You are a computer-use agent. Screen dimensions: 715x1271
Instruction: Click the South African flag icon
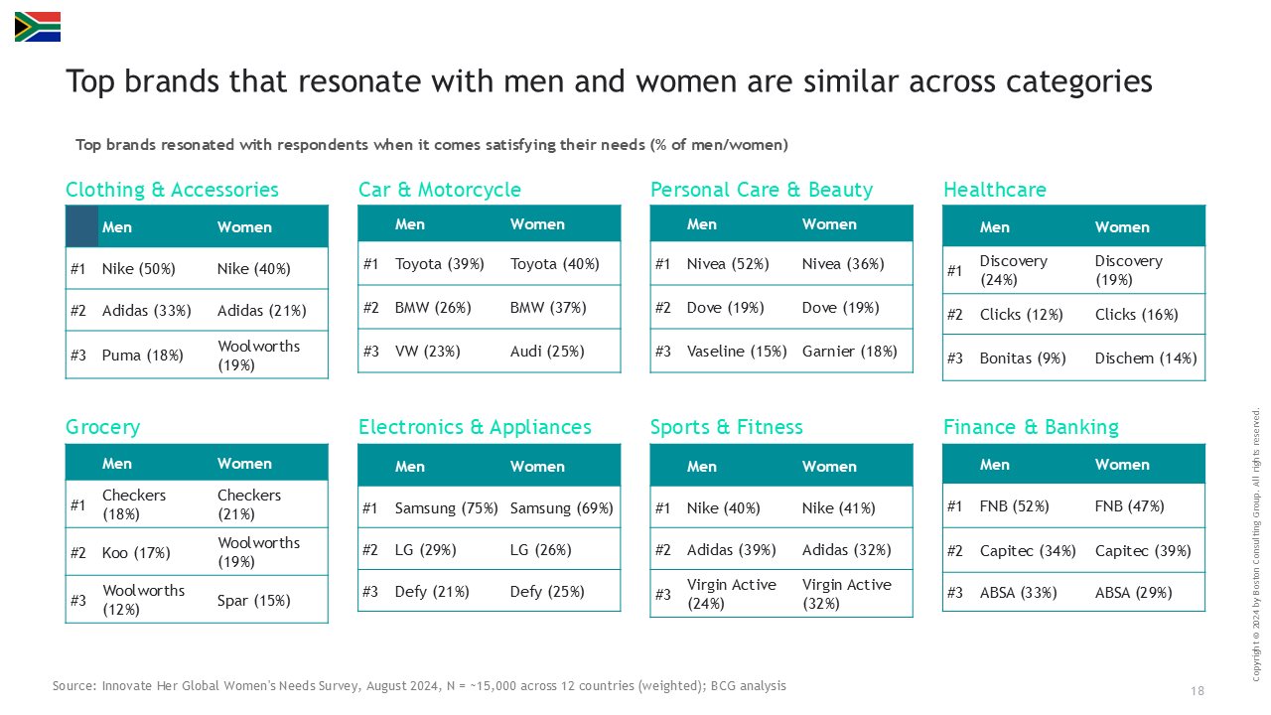[38, 27]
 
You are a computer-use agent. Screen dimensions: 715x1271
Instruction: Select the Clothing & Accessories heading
[172, 190]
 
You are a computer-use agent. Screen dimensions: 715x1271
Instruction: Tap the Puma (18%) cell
[142, 356]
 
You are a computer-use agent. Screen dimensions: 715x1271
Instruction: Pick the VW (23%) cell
[427, 352]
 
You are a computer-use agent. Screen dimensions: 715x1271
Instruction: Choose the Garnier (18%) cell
[849, 352]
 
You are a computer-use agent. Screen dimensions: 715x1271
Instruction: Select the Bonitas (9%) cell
[1023, 358]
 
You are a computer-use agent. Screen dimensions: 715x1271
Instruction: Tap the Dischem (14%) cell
[1145, 358]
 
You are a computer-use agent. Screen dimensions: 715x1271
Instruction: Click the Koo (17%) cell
[136, 553]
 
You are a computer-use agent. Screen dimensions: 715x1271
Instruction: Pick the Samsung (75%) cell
[446, 508]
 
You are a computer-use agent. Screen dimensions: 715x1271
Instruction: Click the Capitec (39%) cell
[1142, 551]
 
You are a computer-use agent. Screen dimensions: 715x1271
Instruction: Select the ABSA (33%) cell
[1018, 593]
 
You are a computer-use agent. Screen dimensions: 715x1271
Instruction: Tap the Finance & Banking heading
[1031, 428]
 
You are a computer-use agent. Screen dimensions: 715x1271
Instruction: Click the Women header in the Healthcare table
[1122, 227]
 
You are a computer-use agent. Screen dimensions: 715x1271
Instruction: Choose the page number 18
[1197, 690]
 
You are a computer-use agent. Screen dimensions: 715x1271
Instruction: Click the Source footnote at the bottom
[418, 686]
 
